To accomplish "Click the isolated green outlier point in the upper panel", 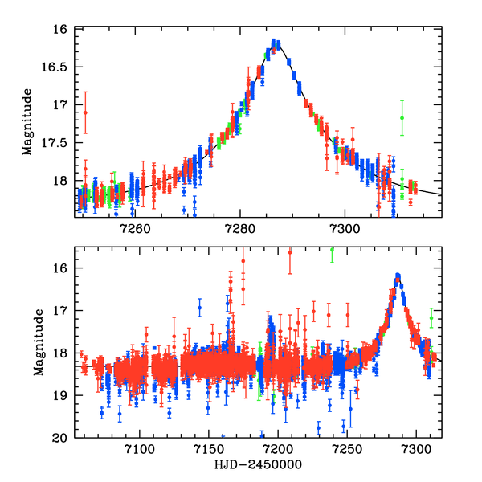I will click(402, 117).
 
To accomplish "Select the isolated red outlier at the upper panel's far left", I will click(85, 112).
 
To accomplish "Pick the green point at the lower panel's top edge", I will click(332, 250).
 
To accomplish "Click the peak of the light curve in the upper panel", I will click(276, 42).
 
